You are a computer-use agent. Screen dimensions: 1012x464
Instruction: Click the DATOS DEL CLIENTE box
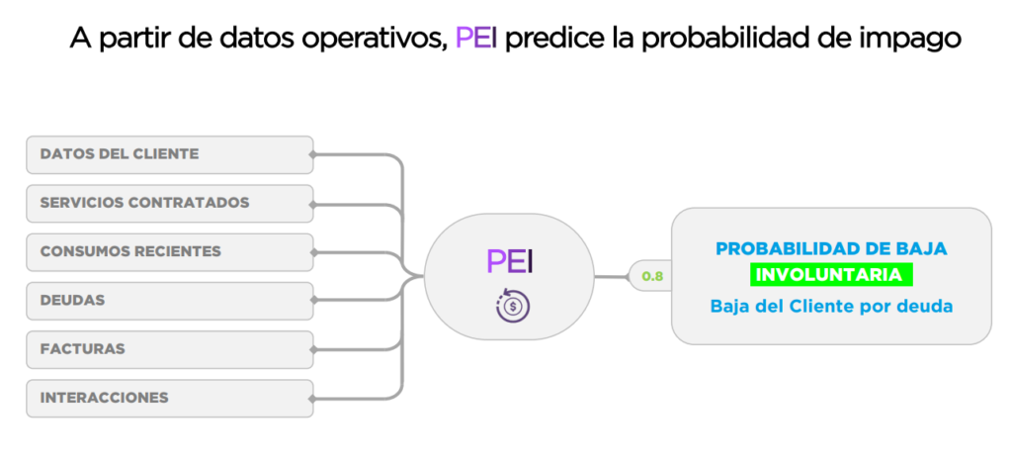point(170,154)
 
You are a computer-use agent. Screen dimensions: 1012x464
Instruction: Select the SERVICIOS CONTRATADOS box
point(170,204)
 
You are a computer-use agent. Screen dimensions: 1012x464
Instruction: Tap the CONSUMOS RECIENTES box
point(170,252)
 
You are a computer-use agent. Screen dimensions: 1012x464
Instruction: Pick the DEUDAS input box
point(170,301)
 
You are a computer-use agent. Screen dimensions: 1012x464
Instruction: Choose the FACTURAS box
point(170,349)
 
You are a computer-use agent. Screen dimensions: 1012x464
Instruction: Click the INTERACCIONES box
point(170,398)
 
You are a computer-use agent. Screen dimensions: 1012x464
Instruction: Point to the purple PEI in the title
point(476,38)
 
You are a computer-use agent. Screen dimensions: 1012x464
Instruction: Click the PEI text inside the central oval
point(509,261)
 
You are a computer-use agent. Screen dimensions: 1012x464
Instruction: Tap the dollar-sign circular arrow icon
point(513,305)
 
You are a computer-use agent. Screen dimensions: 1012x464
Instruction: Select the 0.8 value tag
point(652,277)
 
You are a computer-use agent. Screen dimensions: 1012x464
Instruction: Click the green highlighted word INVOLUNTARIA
point(830,275)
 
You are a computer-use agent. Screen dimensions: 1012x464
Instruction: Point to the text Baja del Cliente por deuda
point(831,306)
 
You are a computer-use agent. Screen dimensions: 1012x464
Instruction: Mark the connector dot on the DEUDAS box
point(312,301)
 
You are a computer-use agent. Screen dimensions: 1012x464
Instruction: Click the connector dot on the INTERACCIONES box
point(312,399)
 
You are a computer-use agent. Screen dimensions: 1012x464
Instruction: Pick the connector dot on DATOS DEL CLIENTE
point(312,154)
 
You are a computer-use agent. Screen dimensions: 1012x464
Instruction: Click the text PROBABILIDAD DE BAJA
point(831,248)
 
